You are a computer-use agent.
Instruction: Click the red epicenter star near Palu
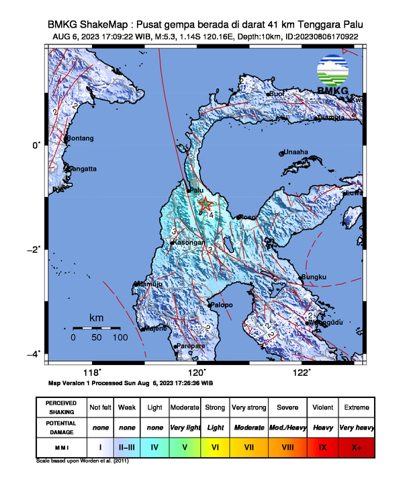[205, 204]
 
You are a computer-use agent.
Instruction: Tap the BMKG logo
[334, 77]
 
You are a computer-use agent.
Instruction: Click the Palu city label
[197, 190]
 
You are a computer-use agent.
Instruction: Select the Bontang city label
[80, 138]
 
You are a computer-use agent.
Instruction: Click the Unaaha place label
[296, 152]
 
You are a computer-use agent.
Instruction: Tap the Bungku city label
[314, 277]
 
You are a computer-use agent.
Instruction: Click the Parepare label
[191, 346]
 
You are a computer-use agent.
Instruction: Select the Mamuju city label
[150, 284]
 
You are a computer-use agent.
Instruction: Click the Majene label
[156, 329]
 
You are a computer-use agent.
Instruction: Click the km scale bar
[96, 327]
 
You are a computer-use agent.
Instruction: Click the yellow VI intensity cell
[216, 446]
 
